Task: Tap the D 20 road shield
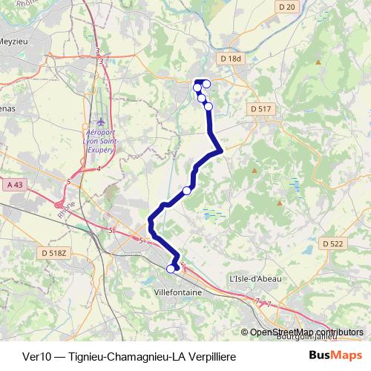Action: tap(289, 7)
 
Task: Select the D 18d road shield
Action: tap(232, 59)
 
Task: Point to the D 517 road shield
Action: tap(261, 109)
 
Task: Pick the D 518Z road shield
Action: tap(54, 253)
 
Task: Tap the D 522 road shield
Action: tap(333, 243)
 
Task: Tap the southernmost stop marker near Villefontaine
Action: tap(171, 269)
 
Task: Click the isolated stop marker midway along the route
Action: tap(187, 191)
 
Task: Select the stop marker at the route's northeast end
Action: tap(207, 84)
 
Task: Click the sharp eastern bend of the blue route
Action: tap(220, 151)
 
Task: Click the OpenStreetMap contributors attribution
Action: tap(306, 332)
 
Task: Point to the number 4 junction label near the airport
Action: tap(99, 168)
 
